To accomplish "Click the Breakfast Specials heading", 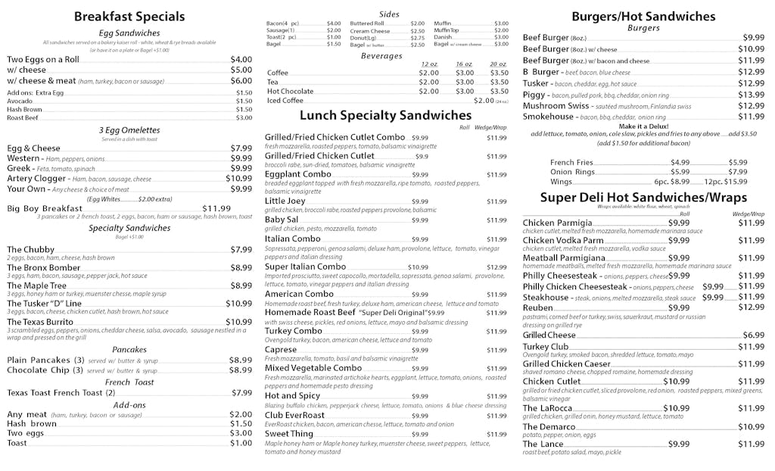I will click(129, 16).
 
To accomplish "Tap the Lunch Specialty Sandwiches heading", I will click(385, 115).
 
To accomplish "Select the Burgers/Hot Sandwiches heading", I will click(643, 16).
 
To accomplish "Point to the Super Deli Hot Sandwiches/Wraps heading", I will click(643, 198).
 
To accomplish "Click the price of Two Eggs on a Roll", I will click(241, 59).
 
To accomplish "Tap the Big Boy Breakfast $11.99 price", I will click(216, 208).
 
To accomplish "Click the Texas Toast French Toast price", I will click(241, 393).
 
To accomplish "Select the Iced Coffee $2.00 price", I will click(484, 101).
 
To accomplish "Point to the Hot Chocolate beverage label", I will click(290, 91).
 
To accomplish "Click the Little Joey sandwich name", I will click(285, 201).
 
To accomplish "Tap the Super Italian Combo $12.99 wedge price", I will click(496, 267).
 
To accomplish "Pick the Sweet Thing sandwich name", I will click(289, 435).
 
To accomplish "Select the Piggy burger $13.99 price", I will click(752, 95).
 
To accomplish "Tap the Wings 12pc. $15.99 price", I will click(726, 182).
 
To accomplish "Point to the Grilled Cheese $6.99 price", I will click(753, 335).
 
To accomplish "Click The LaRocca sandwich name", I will click(546, 408).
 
